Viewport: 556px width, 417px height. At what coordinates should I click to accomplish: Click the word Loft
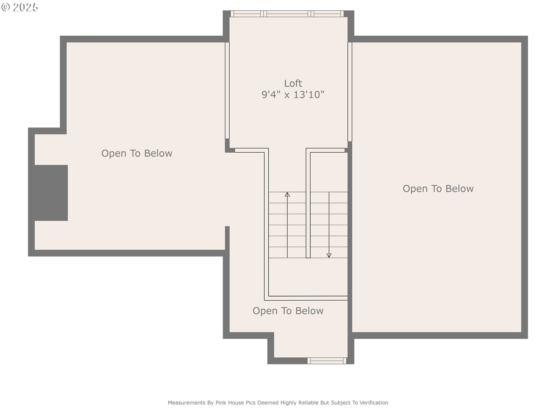(x=293, y=83)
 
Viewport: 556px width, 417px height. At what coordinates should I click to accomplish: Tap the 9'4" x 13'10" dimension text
(x=293, y=95)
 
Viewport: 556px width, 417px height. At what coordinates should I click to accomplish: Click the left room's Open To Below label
(x=137, y=153)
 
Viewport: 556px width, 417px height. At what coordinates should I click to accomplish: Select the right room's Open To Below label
(x=438, y=189)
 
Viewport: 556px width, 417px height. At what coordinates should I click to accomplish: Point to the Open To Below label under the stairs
(x=288, y=311)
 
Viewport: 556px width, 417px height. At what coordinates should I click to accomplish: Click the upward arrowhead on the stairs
(x=287, y=195)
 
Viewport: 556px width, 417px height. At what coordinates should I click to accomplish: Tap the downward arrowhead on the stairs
(x=329, y=255)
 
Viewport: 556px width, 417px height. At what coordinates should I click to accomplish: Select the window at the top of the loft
(x=287, y=14)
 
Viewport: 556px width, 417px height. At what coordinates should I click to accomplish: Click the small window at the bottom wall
(x=327, y=361)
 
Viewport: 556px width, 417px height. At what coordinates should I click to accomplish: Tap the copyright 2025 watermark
(x=20, y=7)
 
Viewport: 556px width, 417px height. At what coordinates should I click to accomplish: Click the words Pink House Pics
(x=235, y=403)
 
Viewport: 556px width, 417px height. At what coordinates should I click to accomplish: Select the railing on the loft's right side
(x=350, y=92)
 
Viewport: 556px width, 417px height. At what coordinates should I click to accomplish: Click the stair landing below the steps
(x=308, y=277)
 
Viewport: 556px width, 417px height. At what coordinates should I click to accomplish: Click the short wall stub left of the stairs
(x=227, y=237)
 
